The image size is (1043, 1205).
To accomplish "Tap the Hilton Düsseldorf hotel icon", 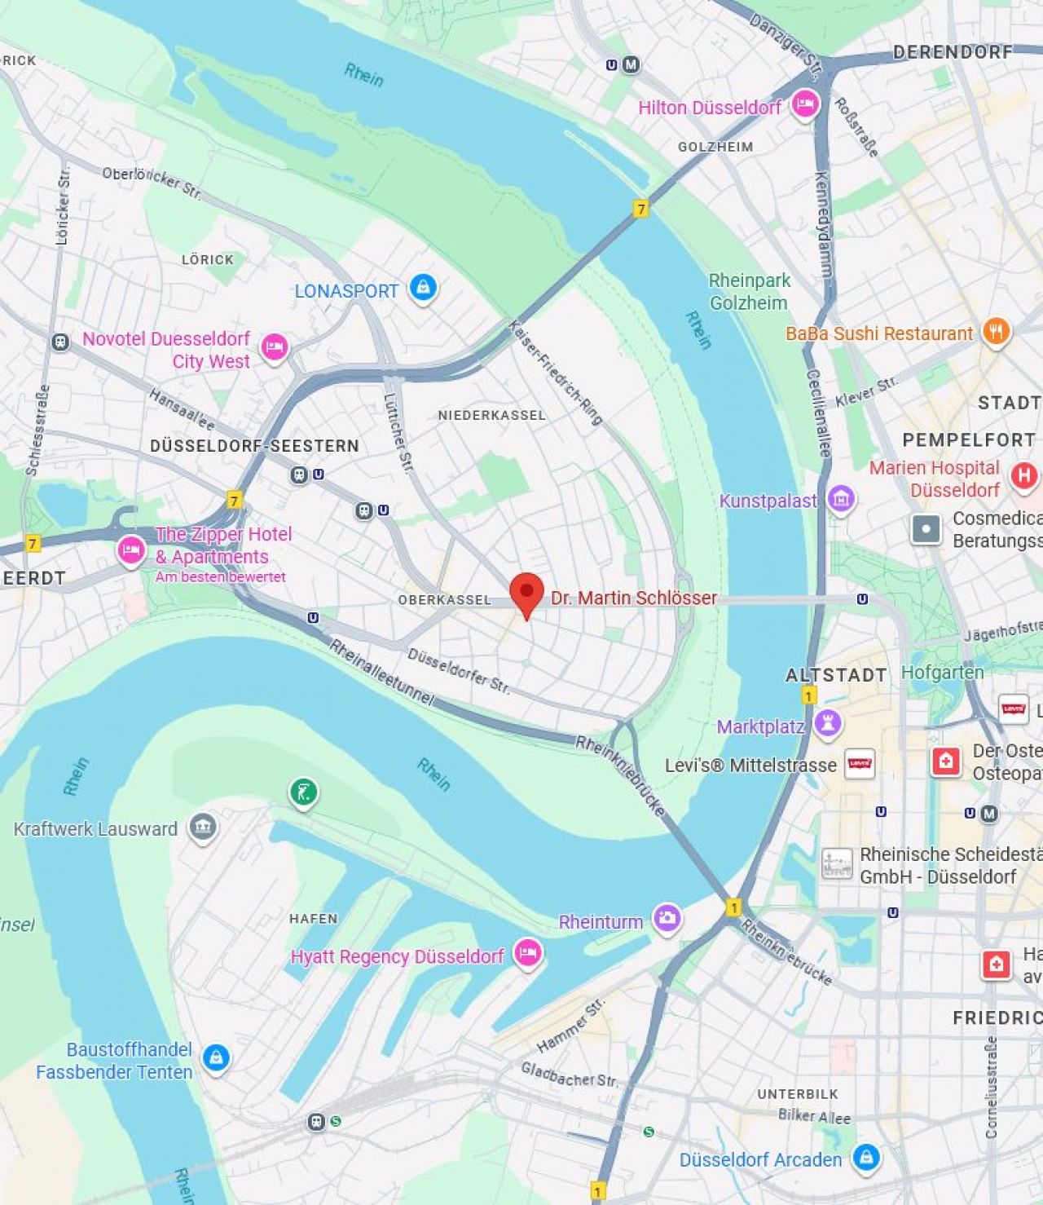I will (x=805, y=104).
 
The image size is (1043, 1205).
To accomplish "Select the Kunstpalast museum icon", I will (x=841, y=498).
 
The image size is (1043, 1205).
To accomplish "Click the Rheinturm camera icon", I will (x=667, y=918).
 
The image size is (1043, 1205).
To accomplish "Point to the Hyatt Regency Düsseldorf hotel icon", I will (x=528, y=952).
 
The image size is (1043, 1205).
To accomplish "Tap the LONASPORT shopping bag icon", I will (x=423, y=287).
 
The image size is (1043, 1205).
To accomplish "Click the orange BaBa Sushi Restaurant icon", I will (x=996, y=331).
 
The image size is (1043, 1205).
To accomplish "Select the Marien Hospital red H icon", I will (x=1024, y=475).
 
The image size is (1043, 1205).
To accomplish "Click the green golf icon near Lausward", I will (x=303, y=791).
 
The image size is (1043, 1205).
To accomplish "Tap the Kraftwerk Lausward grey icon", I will (x=203, y=827).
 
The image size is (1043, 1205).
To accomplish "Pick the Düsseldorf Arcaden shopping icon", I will (x=866, y=1157).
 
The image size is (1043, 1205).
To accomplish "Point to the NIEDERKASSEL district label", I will (x=491, y=415).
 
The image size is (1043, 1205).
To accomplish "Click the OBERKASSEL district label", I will (x=444, y=599).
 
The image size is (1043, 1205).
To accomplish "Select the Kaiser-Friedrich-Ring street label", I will (x=556, y=372).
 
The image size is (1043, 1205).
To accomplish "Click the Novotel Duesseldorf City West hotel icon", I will (x=275, y=347).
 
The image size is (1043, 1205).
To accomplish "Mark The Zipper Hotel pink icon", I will (x=131, y=550).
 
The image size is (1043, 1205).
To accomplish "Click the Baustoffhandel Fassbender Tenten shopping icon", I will (x=216, y=1057).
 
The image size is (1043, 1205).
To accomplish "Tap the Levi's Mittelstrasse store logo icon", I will (x=860, y=764).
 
